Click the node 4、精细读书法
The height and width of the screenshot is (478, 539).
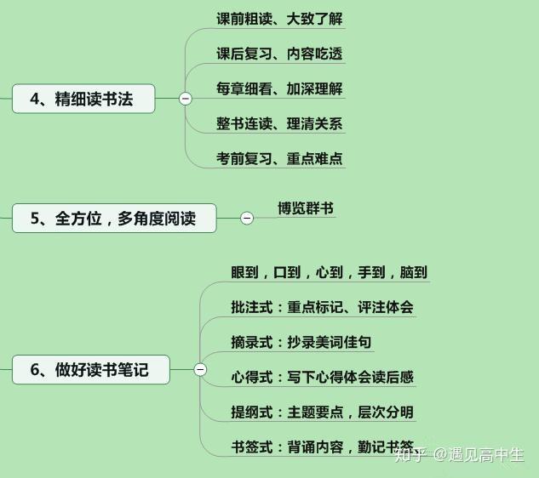coord(83,99)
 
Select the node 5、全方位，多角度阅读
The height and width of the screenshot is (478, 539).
coord(114,219)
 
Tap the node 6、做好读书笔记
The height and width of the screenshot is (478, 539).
coord(90,370)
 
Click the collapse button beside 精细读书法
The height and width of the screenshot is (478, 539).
coord(186,99)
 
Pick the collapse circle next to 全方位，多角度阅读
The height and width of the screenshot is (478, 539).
coord(247,219)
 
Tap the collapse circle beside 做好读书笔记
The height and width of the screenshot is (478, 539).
coord(200,370)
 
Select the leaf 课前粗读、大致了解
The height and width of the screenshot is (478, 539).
coord(279,19)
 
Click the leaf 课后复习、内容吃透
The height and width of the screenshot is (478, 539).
coord(279,54)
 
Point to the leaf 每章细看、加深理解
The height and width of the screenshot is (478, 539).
coord(279,88)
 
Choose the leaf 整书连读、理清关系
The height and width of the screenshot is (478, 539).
coord(279,123)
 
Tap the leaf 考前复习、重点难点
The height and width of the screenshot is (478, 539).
coord(279,158)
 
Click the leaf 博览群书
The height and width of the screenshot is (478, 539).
coord(305,208)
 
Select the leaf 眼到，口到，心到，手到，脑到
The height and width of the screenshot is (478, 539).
coord(328,272)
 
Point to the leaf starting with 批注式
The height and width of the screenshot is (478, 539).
coord(322,307)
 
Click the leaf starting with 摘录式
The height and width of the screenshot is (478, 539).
coord(301,342)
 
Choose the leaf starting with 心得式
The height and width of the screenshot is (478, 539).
coord(322,377)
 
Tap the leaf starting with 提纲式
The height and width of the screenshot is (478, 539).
coord(322,412)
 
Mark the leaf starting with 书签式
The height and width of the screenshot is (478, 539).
coord(322,446)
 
